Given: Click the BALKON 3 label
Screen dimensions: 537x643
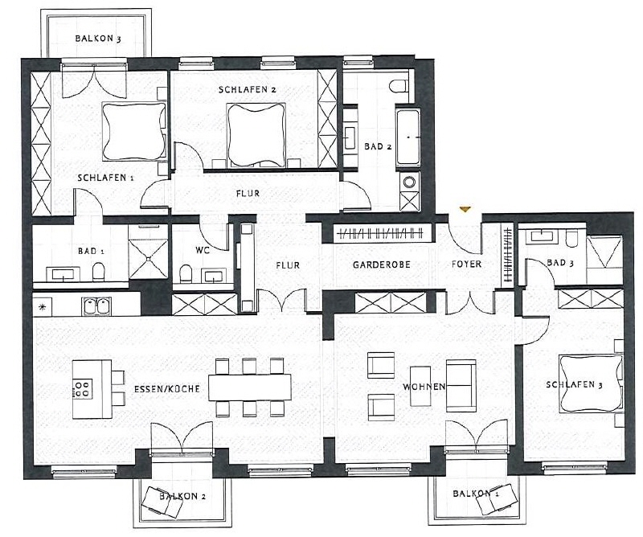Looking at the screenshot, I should [x=99, y=38].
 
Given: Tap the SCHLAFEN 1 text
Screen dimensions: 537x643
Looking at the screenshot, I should [x=105, y=177].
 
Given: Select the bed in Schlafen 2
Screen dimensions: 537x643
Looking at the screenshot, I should [x=256, y=134].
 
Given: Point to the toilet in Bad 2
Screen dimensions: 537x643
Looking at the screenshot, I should [x=399, y=84].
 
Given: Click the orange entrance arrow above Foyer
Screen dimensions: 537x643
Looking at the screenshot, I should [x=464, y=210].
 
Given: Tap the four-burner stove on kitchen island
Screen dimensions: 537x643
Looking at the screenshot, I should [x=82, y=390].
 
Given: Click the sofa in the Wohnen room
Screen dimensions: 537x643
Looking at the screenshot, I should [x=461, y=386].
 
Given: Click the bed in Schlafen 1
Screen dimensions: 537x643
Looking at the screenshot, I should [x=133, y=132].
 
